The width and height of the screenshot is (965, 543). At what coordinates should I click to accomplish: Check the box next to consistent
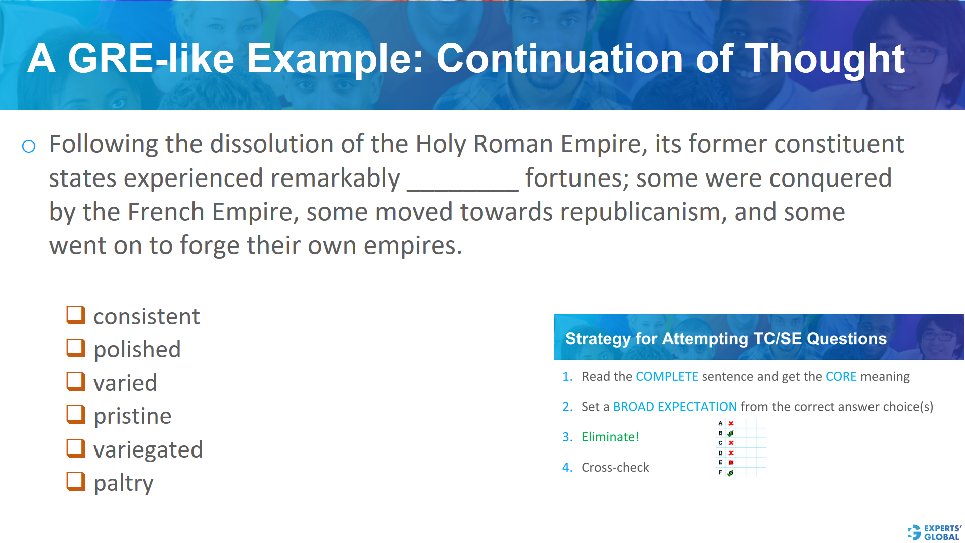click(x=76, y=315)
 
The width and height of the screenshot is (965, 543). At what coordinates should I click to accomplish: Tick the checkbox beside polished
click(x=76, y=348)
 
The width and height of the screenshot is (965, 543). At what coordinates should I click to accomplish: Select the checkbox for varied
click(x=76, y=381)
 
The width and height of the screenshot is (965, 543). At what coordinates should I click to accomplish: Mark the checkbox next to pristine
click(x=76, y=414)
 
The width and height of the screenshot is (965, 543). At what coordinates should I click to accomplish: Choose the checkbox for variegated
click(x=76, y=448)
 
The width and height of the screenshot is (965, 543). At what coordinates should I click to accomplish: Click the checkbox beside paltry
click(x=76, y=481)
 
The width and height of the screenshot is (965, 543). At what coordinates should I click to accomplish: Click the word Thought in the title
click(x=824, y=59)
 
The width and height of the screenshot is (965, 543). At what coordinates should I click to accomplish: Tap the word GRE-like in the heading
click(x=150, y=59)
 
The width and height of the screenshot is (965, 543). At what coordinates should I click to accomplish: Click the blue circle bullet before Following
click(x=29, y=146)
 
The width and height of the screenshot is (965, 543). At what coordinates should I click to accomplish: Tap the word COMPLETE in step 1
click(x=666, y=377)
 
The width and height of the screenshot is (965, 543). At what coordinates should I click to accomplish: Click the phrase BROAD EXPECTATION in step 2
click(x=674, y=407)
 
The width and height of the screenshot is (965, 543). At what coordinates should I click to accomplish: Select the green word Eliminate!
click(x=610, y=437)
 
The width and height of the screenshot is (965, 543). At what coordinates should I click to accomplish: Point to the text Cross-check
click(x=615, y=468)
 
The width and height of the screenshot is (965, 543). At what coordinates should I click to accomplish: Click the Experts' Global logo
click(x=934, y=532)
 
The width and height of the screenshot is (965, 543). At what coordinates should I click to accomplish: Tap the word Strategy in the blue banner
click(x=598, y=339)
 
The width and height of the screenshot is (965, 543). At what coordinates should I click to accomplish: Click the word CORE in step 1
click(x=841, y=377)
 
